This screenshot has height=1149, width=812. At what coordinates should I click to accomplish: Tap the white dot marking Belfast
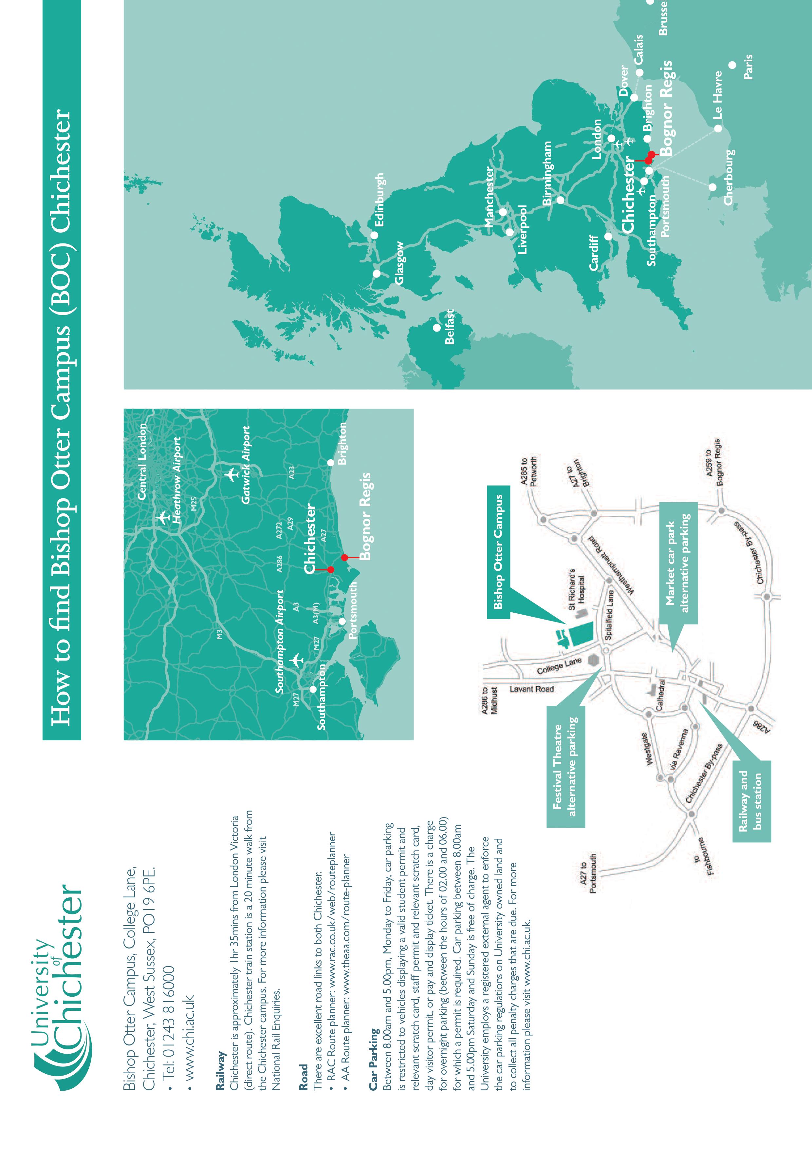tap(436, 328)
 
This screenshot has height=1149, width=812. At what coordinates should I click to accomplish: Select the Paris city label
tap(748, 67)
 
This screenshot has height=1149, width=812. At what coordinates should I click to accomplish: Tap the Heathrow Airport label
tap(176, 480)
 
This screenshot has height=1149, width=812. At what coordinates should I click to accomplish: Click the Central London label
tap(142, 461)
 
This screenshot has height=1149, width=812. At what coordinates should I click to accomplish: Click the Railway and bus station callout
tap(751, 801)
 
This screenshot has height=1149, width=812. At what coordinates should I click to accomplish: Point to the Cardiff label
tap(594, 253)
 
